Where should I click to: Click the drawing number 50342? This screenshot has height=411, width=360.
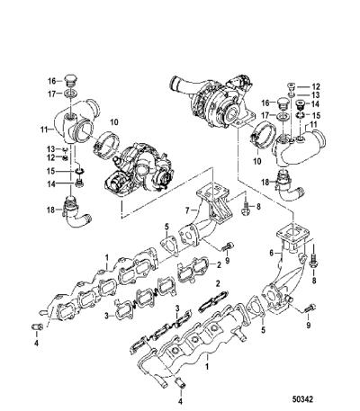point(302,399)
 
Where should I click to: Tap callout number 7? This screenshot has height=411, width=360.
point(187,210)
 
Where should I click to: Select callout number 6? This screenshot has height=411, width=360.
point(272,254)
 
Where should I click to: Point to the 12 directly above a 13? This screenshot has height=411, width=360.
point(316,87)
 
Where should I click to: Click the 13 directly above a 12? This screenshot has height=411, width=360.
point(50,149)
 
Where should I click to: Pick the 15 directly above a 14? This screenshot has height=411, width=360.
point(50,171)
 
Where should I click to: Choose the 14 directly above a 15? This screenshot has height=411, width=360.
point(316,104)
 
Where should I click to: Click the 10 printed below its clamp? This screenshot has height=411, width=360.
point(256,161)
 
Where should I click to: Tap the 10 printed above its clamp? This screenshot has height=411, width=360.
point(114,122)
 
